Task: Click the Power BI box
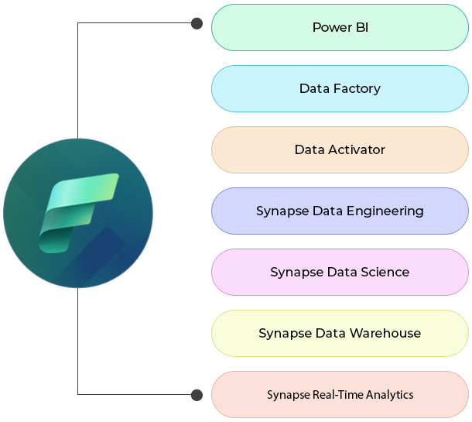340,28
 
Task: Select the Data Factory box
340,88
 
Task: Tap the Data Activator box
340,149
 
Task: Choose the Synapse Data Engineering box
340,211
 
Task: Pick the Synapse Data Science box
340,272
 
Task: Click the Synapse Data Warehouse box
340,333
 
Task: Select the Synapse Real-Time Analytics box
340,394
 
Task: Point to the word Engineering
386,211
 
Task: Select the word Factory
357,88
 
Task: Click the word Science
383,272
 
